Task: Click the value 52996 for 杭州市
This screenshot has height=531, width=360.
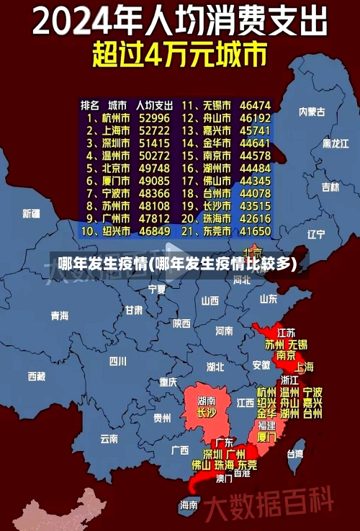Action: (155, 117)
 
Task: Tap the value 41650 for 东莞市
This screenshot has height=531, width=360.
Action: (256, 231)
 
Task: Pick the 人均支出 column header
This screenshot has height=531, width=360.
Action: (154, 104)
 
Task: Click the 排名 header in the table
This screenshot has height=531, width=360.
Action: (91, 104)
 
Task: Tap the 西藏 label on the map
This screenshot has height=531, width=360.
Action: (37, 375)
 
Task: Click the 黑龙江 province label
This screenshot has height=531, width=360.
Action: (336, 143)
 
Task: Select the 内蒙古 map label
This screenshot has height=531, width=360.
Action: (312, 112)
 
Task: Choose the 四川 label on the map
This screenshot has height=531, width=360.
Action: (117, 360)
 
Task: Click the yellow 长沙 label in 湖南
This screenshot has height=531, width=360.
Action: (207, 413)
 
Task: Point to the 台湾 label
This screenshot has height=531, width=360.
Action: (295, 454)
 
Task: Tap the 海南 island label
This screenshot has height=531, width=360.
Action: (189, 504)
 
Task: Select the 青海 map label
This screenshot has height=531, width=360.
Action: (59, 316)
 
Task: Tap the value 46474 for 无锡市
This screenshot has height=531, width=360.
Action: (256, 104)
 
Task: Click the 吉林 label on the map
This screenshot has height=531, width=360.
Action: (330, 187)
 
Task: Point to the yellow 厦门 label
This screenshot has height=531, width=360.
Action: (266, 437)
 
